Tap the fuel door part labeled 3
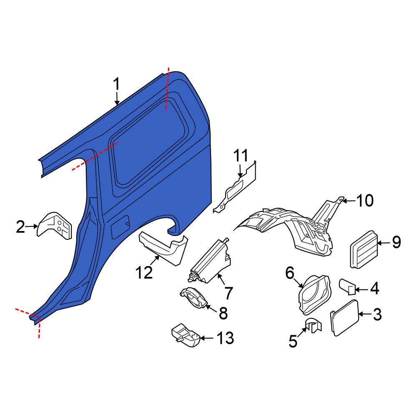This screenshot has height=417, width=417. click(x=344, y=318)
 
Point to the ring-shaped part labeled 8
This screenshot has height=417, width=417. click(x=193, y=298)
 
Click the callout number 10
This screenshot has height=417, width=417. click(x=365, y=201)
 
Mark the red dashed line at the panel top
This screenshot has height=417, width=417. click(x=167, y=88)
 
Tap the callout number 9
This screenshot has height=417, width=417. click(x=396, y=242)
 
